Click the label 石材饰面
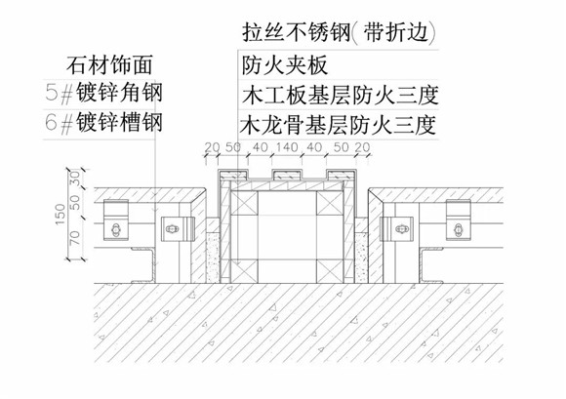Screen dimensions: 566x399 coord(109,65)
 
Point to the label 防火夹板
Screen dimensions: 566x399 coord(284,65)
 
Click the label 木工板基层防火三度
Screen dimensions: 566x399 coord(341,96)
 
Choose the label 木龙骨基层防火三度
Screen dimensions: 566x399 coord(339,125)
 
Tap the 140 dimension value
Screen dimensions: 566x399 coord(287,147)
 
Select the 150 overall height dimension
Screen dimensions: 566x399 coord(61,215)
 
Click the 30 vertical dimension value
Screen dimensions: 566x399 coord(75,179)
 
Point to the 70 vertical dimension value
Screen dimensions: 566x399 coord(75,238)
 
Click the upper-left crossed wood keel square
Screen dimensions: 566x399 coord(244,203)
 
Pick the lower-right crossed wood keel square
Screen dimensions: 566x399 coord(330,271)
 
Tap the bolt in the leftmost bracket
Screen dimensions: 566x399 coord(115,229)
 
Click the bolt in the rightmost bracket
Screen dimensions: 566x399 coord(458,229)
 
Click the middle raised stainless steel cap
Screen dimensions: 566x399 coord(287,175)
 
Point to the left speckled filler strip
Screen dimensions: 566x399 coord(213,258)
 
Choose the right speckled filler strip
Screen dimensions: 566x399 coord(360,258)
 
